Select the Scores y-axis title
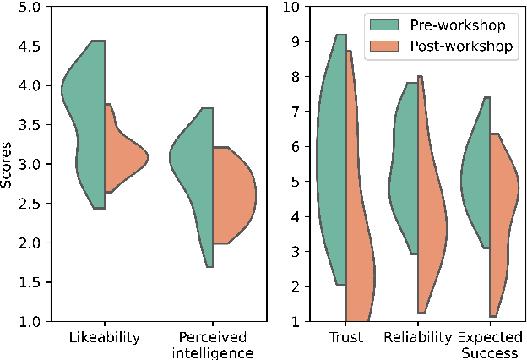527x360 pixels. click(8, 164)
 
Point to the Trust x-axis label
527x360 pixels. click(345, 338)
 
